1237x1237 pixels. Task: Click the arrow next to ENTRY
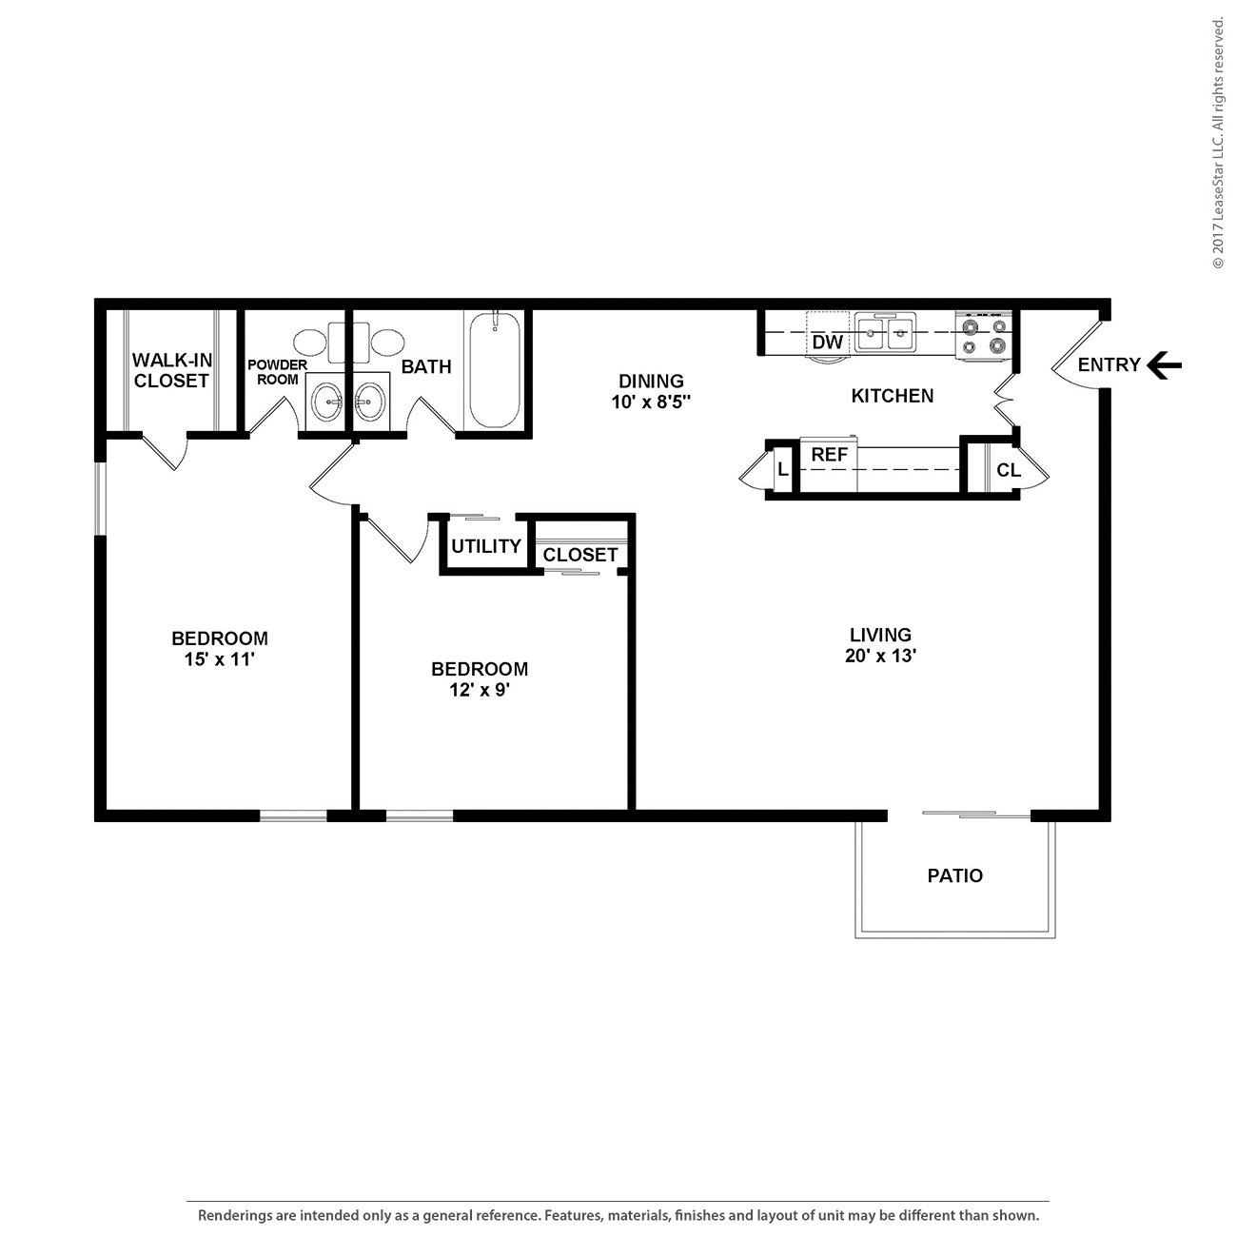(1164, 364)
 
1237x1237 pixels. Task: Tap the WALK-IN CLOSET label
(171, 370)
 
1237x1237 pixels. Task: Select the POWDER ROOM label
(277, 372)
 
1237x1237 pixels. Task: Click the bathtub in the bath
(494, 371)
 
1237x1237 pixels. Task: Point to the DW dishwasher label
(828, 342)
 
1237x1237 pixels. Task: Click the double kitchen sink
(886, 334)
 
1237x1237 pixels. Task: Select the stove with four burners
(984, 336)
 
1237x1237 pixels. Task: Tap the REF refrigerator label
(829, 455)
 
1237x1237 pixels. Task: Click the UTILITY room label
(485, 546)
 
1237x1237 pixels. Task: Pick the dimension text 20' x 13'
(880, 656)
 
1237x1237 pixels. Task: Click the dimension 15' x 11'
(219, 659)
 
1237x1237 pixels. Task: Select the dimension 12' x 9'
(480, 690)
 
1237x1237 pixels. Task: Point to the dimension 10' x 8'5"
(651, 402)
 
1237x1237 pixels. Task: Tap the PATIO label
(954, 875)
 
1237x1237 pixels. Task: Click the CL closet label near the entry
(1008, 470)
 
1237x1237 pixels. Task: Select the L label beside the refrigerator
(782, 470)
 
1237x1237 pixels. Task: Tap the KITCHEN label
(892, 396)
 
